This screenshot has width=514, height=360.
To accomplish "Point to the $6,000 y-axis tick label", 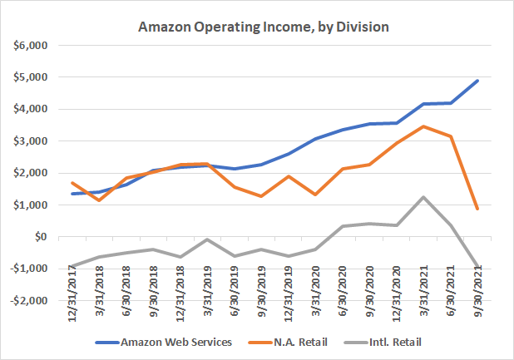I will coord(39,45).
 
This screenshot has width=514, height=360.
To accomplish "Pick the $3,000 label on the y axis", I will coord(39,141).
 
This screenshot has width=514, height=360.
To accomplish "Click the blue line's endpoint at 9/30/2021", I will coord(477,81).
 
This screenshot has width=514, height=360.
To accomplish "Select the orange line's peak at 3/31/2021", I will coord(424,126).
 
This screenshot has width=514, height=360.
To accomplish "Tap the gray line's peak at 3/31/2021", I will coord(424,197).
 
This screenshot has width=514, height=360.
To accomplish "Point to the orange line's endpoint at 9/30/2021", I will coord(477,209).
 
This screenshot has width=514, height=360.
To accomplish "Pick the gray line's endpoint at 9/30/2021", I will coord(477,266).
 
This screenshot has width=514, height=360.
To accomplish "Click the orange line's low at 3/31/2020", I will coord(317,195).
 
